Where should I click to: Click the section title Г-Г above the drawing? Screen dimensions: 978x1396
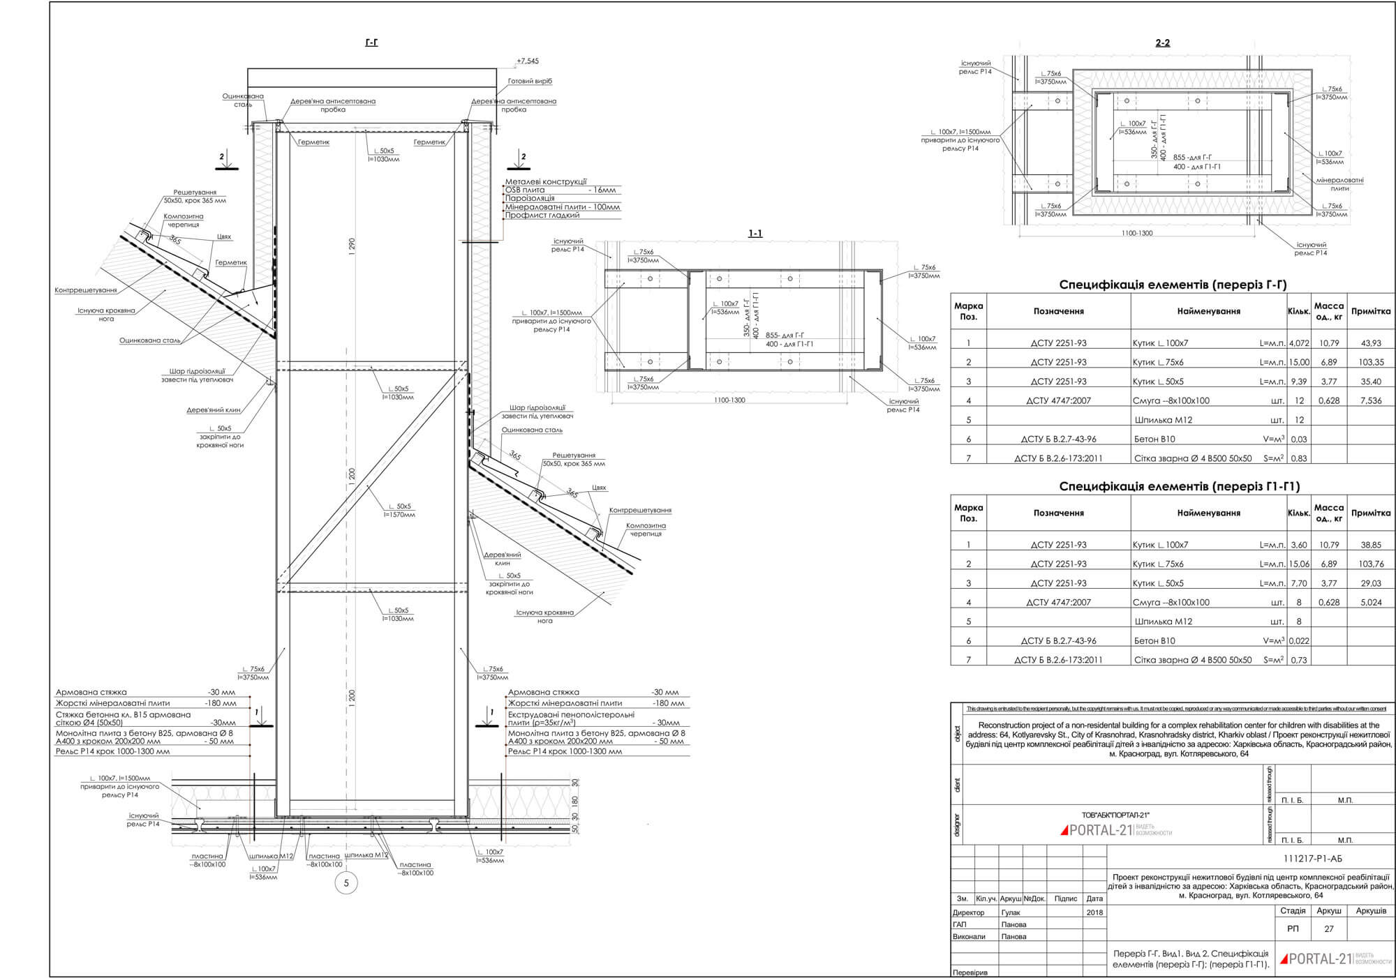[371, 43]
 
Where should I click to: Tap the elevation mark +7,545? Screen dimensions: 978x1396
[528, 61]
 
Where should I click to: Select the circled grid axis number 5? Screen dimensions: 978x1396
[346, 883]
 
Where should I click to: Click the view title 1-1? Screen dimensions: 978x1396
[755, 233]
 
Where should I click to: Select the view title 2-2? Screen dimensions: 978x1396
[1162, 43]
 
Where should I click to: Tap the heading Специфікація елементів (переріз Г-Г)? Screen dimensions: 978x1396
[1173, 285]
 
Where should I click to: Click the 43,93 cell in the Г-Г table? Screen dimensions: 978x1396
[1371, 343]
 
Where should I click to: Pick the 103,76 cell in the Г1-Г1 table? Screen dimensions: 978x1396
[1371, 564]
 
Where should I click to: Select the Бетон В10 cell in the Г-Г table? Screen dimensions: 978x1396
[1154, 439]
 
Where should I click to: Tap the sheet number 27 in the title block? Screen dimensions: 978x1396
[1329, 929]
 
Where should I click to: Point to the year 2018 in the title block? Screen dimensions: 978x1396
[1094, 912]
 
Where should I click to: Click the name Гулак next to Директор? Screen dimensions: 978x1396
[1010, 912]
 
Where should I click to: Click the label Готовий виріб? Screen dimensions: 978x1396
[530, 82]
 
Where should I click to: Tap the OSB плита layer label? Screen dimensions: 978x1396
[525, 190]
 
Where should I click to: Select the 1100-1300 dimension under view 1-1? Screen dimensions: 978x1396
[729, 400]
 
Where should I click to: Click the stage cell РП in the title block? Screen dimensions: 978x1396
[1293, 929]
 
